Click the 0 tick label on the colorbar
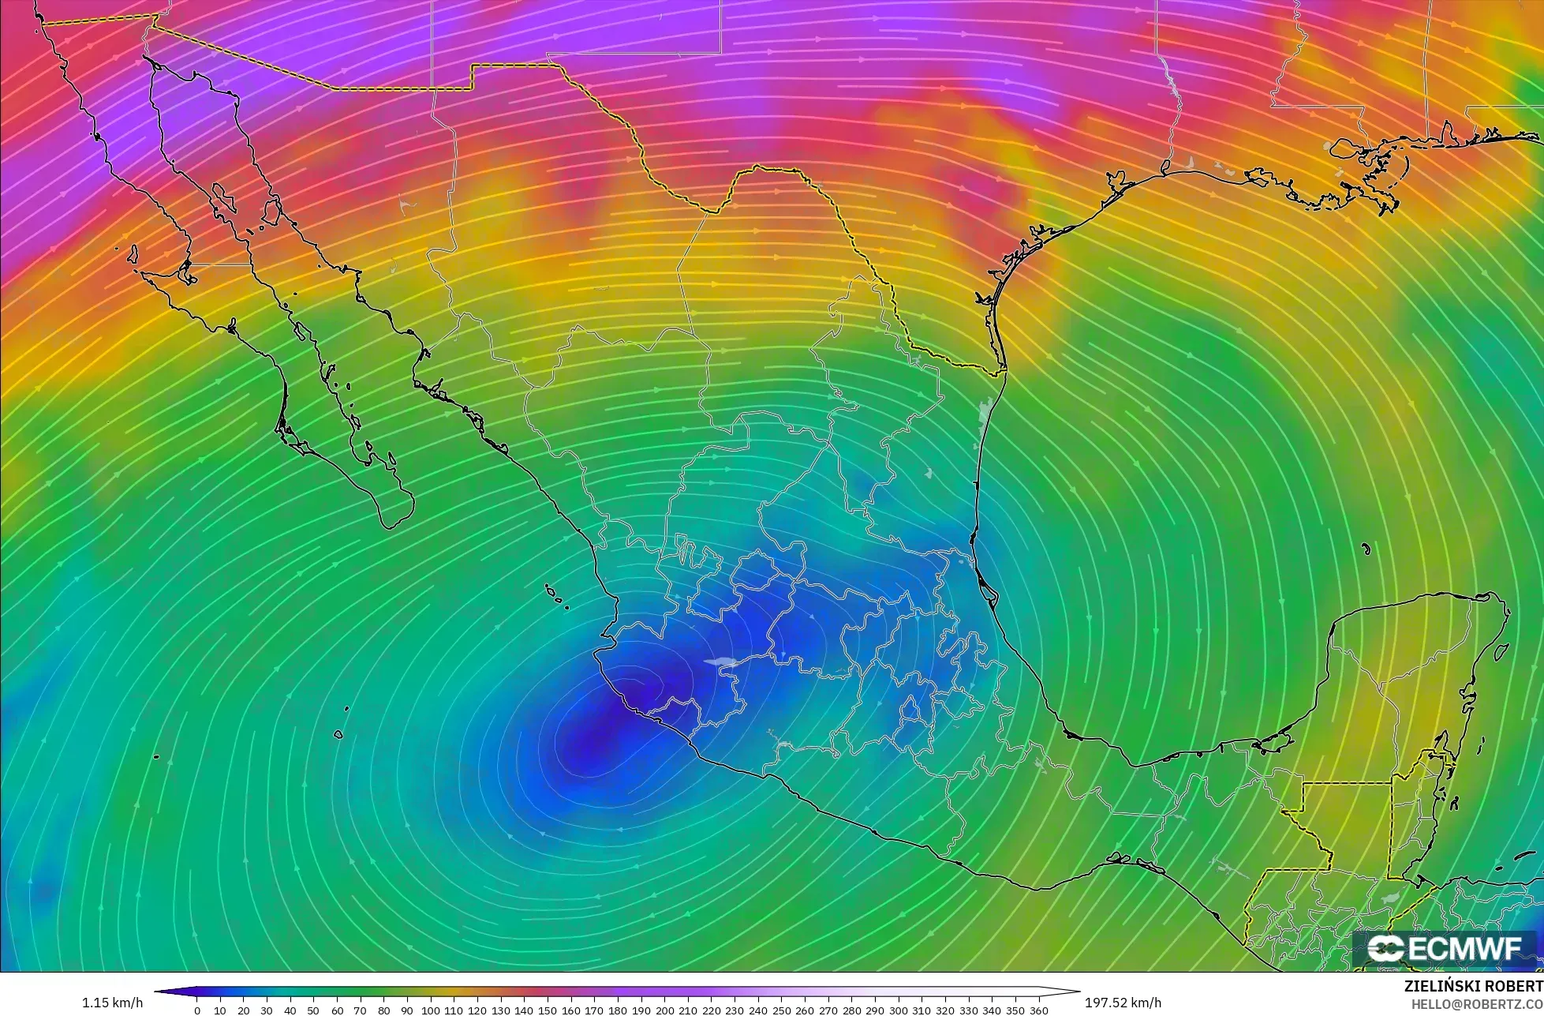197,1010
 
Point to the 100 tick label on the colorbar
430,1010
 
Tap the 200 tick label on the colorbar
664,1010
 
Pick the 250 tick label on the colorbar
781,1010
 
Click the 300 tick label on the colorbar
898,1010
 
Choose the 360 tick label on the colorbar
1038,1010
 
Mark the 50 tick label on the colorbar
314,1010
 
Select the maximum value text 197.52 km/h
1123,1003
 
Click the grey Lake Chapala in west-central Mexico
720,662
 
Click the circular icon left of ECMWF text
1384,950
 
